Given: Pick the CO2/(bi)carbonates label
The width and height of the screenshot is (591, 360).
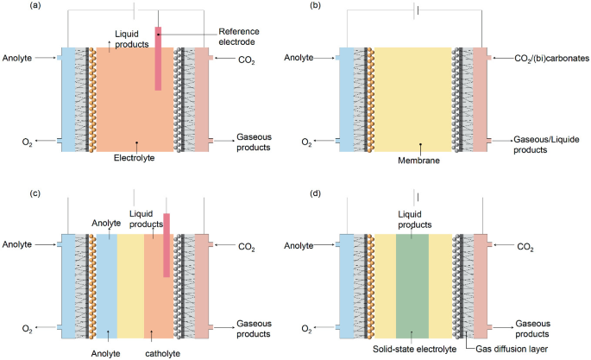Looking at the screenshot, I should [x=544, y=58].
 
